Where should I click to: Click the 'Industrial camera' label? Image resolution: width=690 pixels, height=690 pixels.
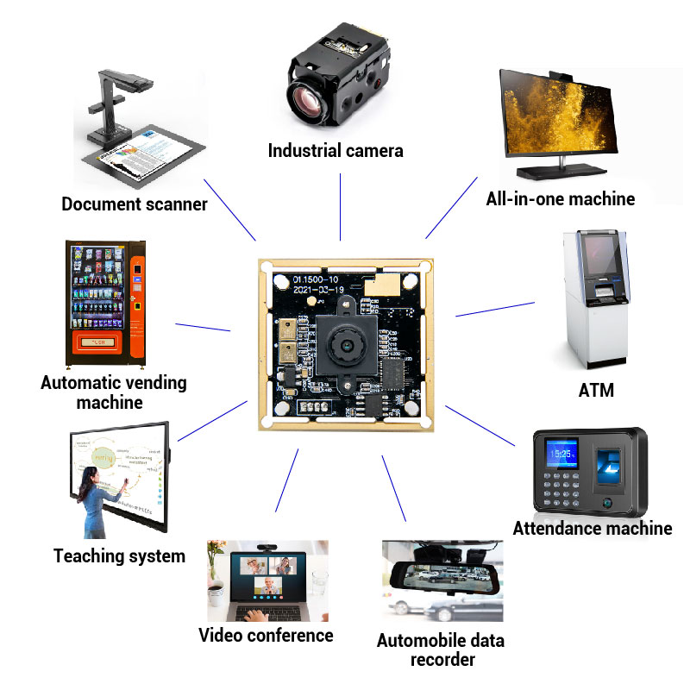(x=335, y=151)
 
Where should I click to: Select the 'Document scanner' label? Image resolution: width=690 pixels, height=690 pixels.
(x=135, y=204)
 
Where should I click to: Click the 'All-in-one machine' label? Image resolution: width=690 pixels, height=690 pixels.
(x=560, y=199)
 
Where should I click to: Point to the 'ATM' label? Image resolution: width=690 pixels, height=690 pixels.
(x=595, y=390)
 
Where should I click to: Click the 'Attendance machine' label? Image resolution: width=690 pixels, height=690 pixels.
(x=592, y=528)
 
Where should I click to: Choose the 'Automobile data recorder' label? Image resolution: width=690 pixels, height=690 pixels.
(x=440, y=650)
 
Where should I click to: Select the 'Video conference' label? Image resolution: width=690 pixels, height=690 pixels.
(x=266, y=636)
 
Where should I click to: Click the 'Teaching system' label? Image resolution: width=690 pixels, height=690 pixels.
(x=119, y=556)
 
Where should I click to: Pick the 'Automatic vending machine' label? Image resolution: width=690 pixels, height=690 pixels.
(x=113, y=392)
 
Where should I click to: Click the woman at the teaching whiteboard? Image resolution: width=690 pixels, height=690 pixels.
(x=94, y=500)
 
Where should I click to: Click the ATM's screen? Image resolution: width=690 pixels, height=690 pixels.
(x=600, y=254)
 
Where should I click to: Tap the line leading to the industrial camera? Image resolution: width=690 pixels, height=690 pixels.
(x=341, y=206)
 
